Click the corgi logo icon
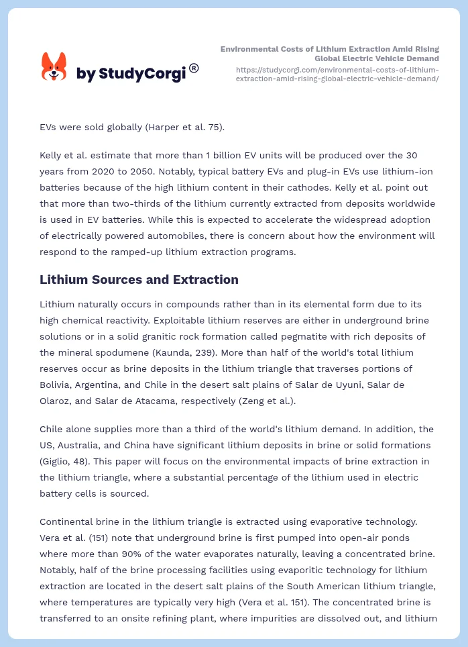pyautogui.click(x=54, y=67)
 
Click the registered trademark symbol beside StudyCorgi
pyautogui.click(x=194, y=68)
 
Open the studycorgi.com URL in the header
pyautogui.click(x=337, y=74)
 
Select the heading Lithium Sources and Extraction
pyautogui.click(x=139, y=280)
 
